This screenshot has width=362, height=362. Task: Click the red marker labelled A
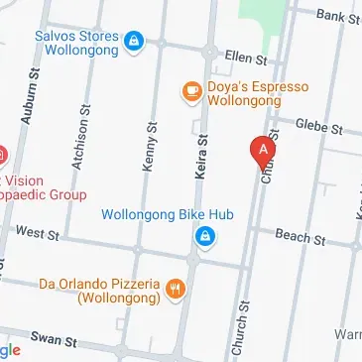(x=263, y=150)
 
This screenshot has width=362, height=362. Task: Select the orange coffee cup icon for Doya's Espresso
(x=189, y=92)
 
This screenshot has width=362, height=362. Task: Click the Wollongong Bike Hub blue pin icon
(x=204, y=237)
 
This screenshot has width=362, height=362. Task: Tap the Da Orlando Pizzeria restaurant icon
(x=175, y=289)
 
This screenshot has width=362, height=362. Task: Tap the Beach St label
(x=302, y=237)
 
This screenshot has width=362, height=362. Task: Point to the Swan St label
(x=54, y=339)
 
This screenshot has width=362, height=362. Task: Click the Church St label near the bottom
(x=238, y=327)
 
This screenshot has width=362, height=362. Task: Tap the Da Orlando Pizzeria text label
(x=99, y=291)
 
